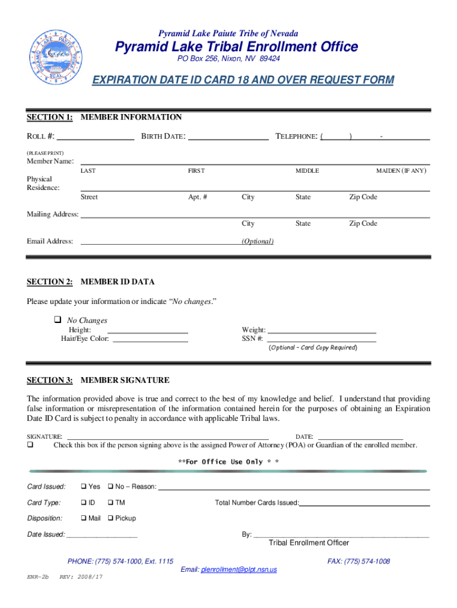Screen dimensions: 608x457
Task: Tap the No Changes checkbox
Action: (58, 320)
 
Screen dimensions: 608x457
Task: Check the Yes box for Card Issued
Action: (84, 487)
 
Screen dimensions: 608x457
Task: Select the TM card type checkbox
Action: (110, 502)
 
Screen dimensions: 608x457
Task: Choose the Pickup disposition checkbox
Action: (110, 518)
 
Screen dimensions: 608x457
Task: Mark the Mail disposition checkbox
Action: (84, 518)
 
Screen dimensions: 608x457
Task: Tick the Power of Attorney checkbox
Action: (30, 445)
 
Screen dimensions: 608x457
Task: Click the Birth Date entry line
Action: (228, 139)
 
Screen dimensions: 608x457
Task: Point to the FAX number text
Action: (358, 561)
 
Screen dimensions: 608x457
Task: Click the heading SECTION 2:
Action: (50, 281)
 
